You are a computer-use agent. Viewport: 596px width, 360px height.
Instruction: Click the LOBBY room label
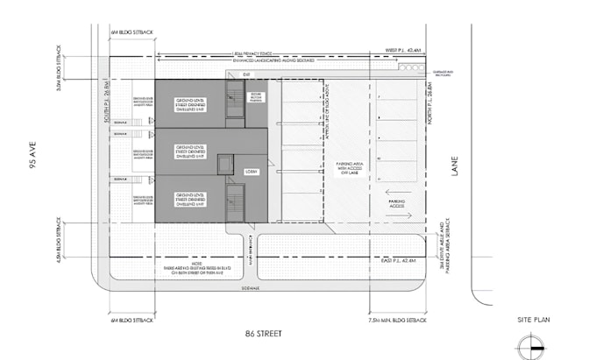coord(251,172)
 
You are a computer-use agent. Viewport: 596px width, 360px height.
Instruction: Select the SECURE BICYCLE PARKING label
coord(256,98)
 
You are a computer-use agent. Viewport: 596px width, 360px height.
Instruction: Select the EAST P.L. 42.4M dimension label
coord(408,261)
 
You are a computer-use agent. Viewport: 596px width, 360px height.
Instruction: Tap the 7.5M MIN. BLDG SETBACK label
coord(400,320)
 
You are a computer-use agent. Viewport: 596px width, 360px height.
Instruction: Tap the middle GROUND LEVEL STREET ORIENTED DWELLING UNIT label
coord(190,151)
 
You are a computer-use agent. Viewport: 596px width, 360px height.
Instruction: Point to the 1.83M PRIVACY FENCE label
coord(263,52)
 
